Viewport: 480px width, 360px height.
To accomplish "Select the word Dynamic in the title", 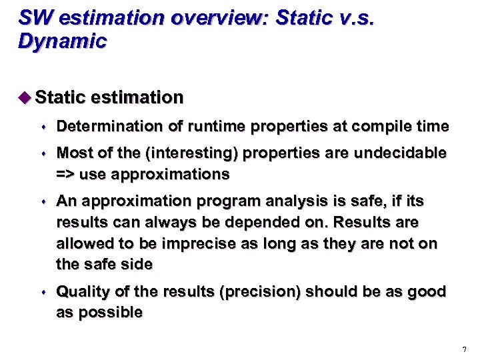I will coord(62,41).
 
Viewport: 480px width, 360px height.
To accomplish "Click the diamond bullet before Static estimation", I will coord(25,97).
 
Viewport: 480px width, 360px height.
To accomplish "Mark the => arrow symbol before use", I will coord(67,175).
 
